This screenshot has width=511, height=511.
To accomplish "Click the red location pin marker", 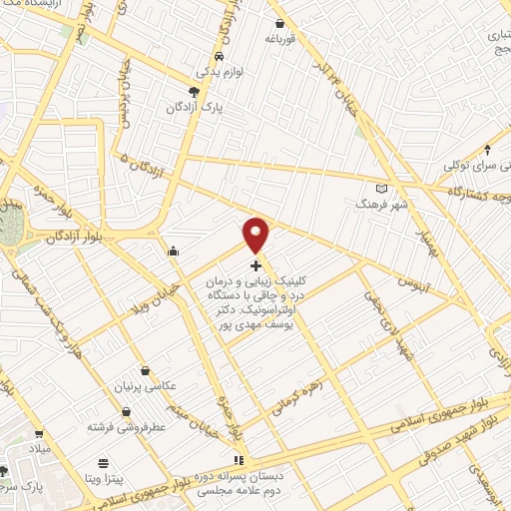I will click(x=256, y=235).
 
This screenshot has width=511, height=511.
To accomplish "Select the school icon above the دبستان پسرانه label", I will click(x=237, y=460).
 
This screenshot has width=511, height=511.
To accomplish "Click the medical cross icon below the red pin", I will click(x=256, y=265).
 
